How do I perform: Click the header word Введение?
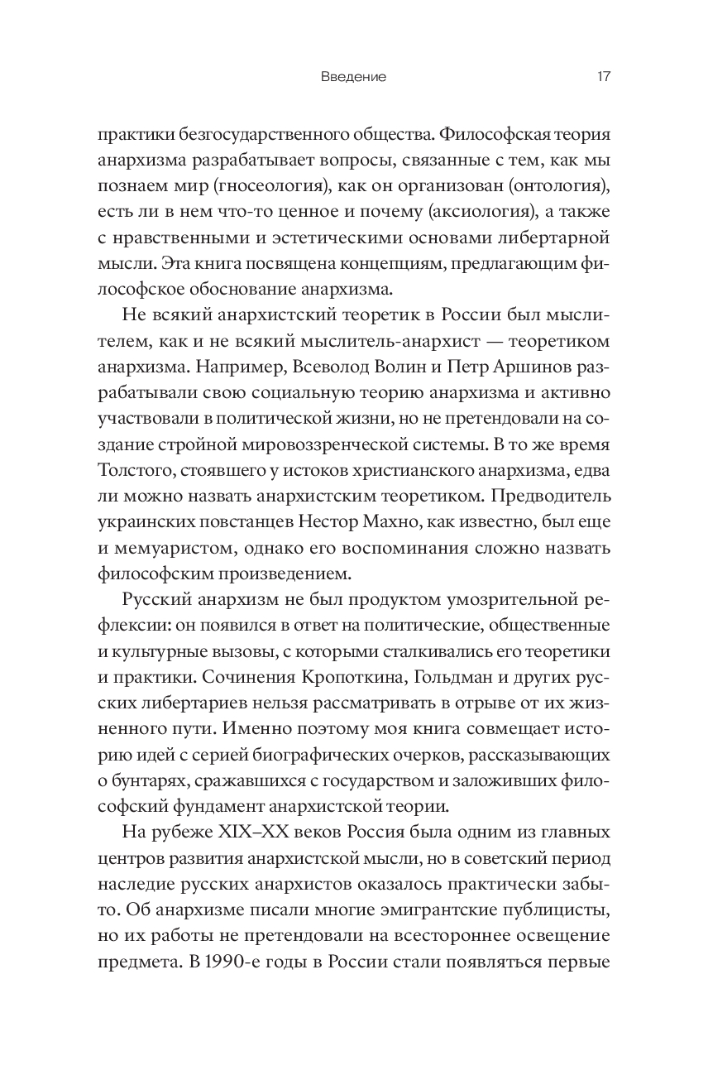pos(353,77)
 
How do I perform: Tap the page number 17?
pos(603,77)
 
